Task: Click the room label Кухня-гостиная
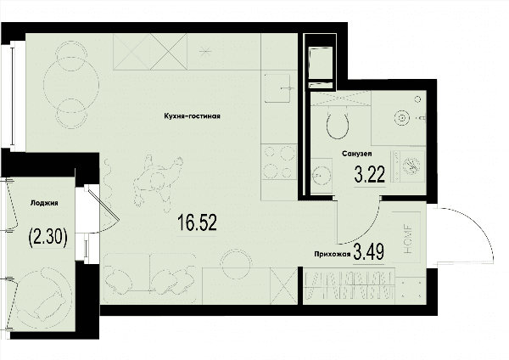click(x=193, y=116)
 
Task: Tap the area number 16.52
click(x=197, y=223)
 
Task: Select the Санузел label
click(x=357, y=154)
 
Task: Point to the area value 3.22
click(x=370, y=174)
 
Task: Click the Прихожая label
click(x=333, y=255)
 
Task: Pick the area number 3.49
click(x=369, y=252)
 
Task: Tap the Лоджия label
click(x=44, y=203)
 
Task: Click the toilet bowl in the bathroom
click(x=338, y=125)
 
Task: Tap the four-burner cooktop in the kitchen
click(x=279, y=162)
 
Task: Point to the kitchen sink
click(x=277, y=88)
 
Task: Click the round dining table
click(x=71, y=84)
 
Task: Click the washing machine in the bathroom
click(x=408, y=166)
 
